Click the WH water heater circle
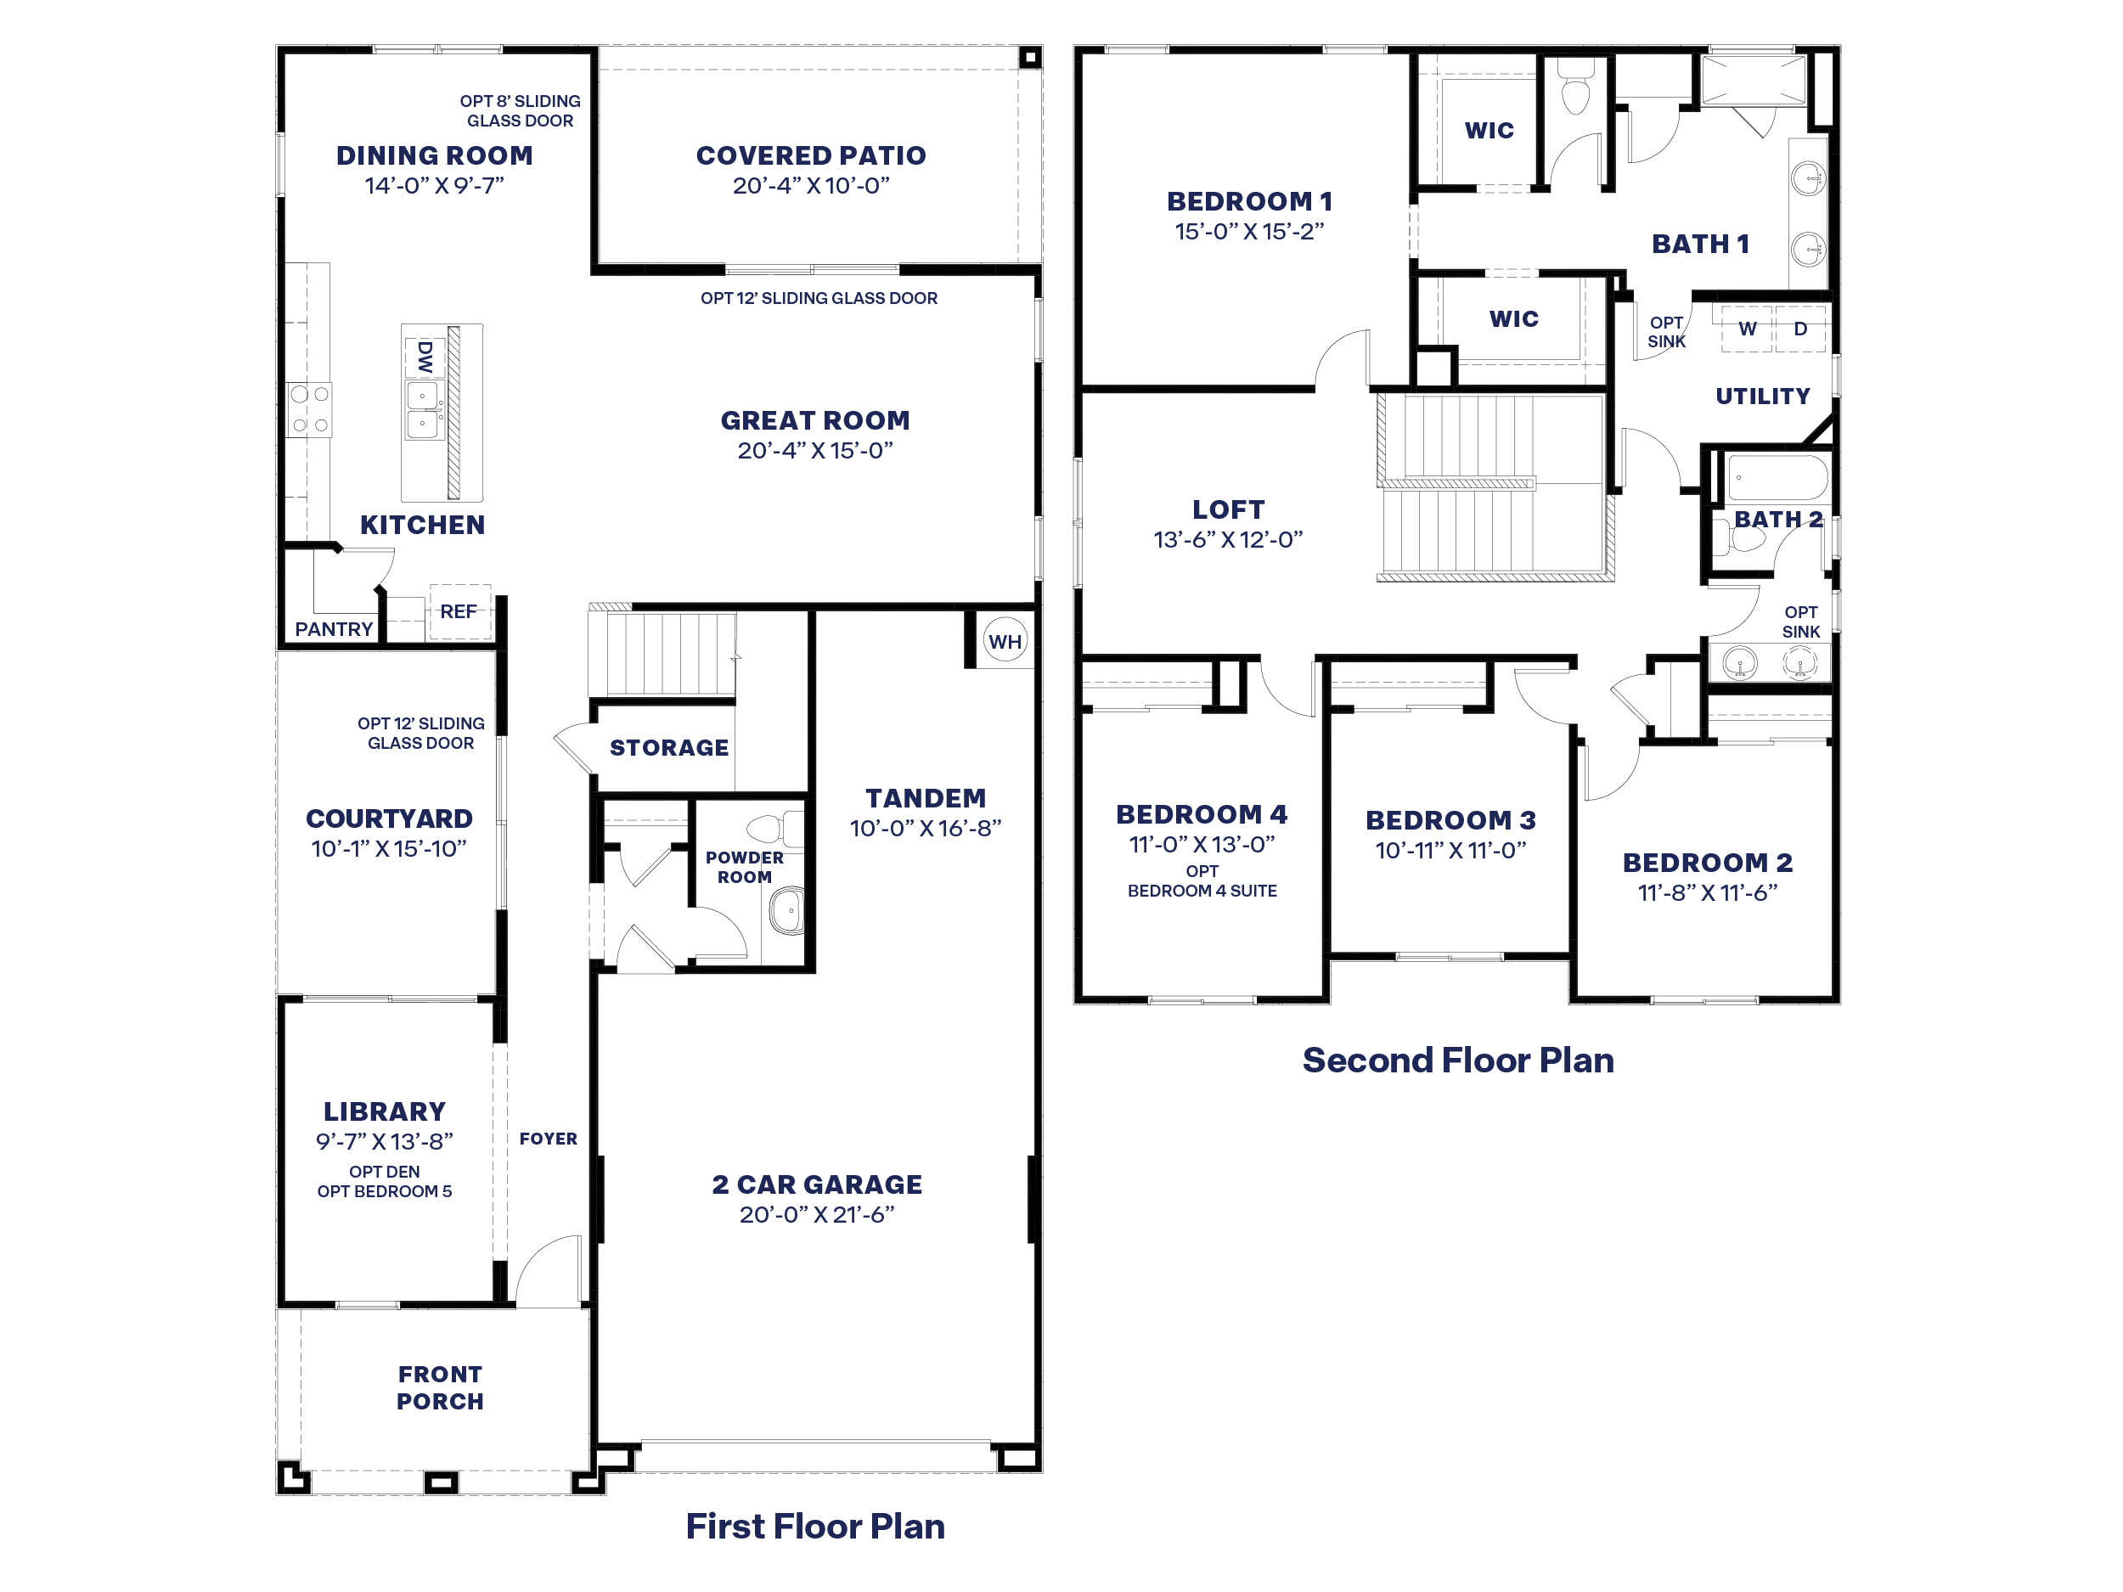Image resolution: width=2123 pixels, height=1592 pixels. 1005,641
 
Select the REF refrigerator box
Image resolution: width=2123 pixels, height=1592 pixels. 459,611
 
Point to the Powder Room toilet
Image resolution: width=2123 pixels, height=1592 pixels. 773,827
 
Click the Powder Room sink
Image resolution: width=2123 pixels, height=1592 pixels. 787,909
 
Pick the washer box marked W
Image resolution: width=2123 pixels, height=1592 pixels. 1747,329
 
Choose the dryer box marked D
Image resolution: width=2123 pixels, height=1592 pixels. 1800,329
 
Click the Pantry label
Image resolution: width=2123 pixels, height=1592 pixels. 333,629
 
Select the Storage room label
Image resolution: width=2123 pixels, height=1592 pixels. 669,747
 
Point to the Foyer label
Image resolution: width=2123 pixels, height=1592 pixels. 548,1139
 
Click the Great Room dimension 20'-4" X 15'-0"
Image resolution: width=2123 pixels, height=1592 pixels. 815,450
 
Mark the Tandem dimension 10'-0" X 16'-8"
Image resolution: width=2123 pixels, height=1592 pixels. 926,828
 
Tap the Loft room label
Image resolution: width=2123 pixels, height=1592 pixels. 1228,509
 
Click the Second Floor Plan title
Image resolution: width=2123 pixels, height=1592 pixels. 1457,1060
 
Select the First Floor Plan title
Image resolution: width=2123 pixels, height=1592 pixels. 815,1527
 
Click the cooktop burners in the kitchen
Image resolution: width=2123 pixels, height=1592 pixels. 309,408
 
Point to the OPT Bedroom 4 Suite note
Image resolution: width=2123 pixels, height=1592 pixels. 1202,881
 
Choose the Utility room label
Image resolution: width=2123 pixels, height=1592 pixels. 1762,397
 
